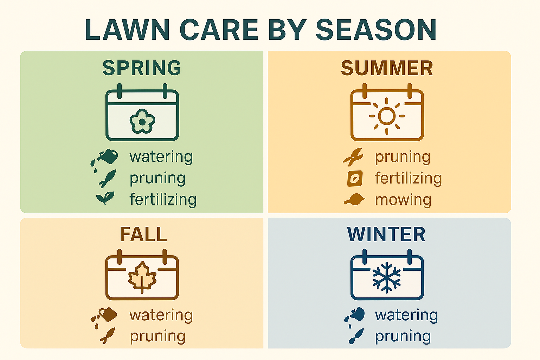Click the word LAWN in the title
[x=127, y=30]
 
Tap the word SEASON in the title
[x=376, y=30]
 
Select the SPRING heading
[x=142, y=68]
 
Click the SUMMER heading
[x=387, y=68]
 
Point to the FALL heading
[x=143, y=234]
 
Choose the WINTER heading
[x=386, y=234]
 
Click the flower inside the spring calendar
[x=142, y=121]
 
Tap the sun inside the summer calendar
[x=387, y=116]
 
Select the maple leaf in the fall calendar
[x=142, y=277]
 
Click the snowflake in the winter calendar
[x=387, y=277]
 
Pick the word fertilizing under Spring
[x=163, y=200]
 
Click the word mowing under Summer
[x=403, y=200]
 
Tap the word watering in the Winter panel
[x=406, y=315]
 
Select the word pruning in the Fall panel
[x=157, y=336]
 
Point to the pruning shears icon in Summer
[x=353, y=157]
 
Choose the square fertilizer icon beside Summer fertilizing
[x=355, y=179]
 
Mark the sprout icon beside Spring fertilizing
[x=105, y=198]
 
